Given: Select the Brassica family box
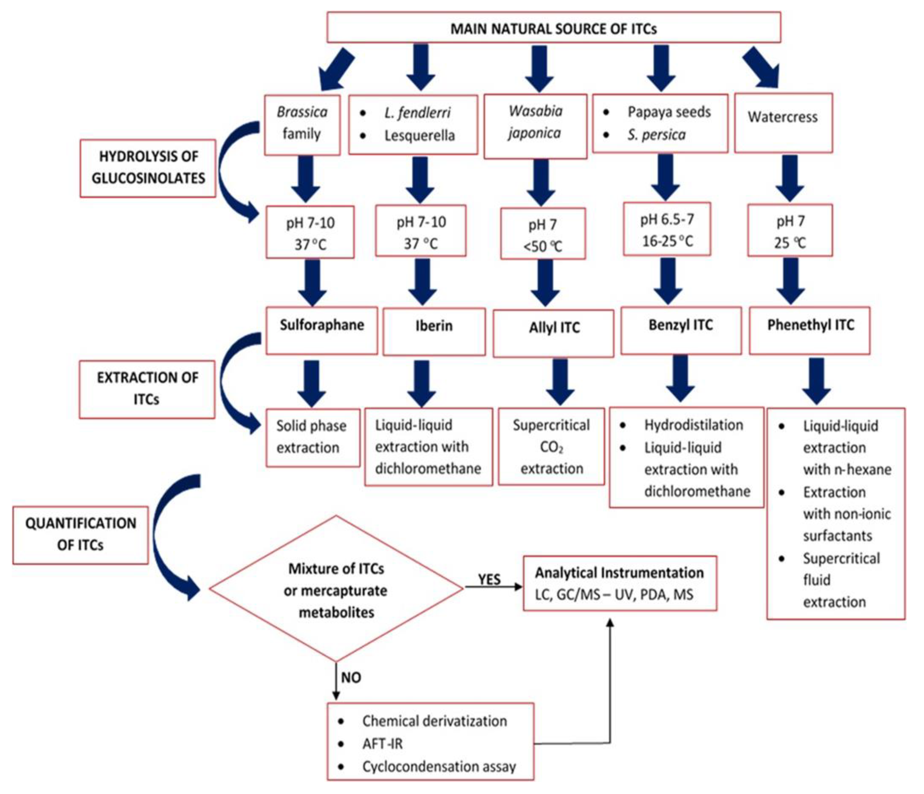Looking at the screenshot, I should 302,125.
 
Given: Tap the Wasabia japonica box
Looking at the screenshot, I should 535,126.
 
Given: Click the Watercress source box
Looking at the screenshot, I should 783,122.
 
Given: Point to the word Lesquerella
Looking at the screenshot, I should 419,135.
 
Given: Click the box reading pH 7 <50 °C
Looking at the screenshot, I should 543,234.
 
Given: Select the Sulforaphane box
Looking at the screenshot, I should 321,330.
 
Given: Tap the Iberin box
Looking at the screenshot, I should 434,331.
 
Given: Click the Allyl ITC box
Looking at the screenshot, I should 553,333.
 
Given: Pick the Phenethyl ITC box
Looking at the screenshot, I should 809,330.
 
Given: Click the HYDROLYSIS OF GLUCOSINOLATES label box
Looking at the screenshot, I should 148,168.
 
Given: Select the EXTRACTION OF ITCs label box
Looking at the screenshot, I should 147,389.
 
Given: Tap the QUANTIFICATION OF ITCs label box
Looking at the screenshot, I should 80,534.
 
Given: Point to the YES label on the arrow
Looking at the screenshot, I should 489,579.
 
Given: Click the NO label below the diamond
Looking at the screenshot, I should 351,678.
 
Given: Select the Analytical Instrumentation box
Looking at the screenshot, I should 620,583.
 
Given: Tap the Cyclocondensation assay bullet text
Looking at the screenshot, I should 439,766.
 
